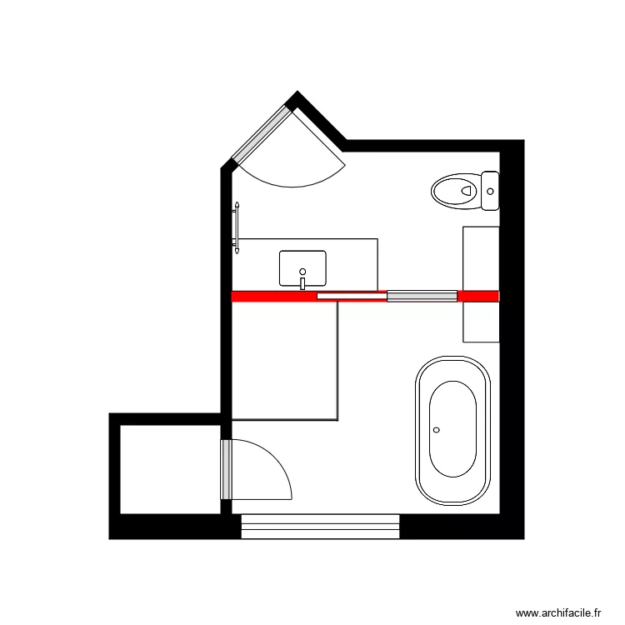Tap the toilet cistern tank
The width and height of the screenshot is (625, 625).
click(490, 190)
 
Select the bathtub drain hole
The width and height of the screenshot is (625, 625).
click(436, 430)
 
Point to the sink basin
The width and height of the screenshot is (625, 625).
click(302, 267)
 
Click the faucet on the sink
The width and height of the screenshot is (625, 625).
click(302, 284)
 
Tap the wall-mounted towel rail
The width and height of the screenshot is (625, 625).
click(237, 227)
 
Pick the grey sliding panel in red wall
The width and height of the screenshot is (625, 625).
click(422, 296)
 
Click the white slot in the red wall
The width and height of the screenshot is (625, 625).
click(351, 296)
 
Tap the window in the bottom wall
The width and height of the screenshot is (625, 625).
click(321, 527)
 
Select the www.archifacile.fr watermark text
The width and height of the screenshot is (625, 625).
click(558, 613)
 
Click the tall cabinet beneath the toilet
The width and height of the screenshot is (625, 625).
click(481, 283)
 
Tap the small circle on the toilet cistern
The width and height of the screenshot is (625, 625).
click(490, 192)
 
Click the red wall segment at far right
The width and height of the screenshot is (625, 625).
click(478, 296)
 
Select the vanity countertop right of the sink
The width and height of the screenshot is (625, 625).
click(352, 263)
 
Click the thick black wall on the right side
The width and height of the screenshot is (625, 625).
click(512, 333)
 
